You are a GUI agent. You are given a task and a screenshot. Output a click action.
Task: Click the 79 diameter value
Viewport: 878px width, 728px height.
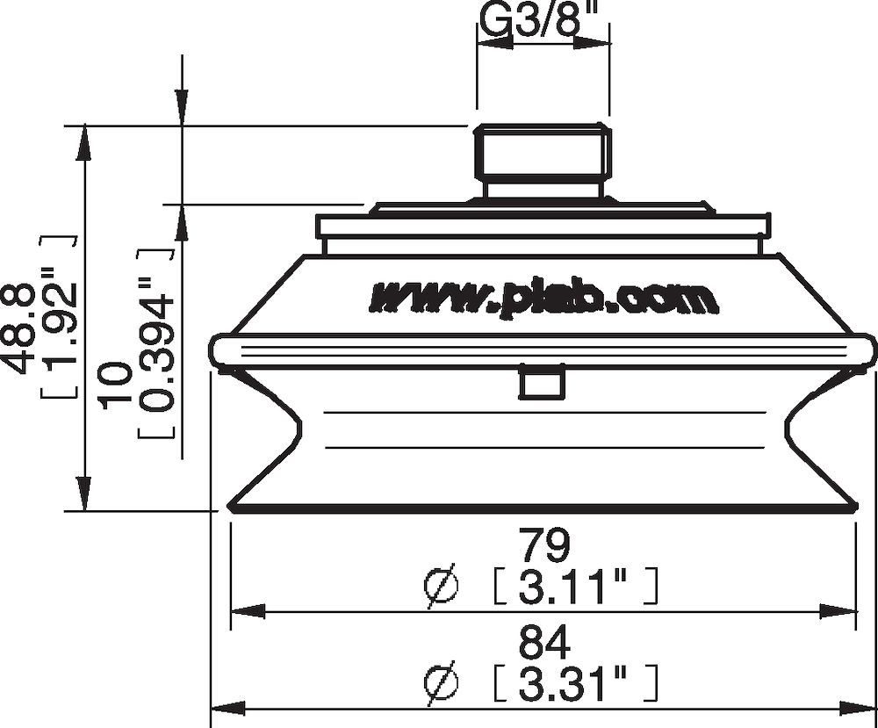543,544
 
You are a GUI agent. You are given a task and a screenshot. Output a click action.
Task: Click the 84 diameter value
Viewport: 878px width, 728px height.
543,644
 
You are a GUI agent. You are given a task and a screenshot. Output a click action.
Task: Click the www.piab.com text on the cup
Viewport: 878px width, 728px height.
543,298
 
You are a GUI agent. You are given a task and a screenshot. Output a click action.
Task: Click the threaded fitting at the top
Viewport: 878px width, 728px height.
543,154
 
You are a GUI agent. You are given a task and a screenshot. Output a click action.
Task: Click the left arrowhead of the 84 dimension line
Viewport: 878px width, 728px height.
224,708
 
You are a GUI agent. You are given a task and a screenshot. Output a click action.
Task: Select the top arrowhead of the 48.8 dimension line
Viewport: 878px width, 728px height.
83,141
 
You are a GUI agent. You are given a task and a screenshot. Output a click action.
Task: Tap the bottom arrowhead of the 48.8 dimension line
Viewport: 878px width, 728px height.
83,495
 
